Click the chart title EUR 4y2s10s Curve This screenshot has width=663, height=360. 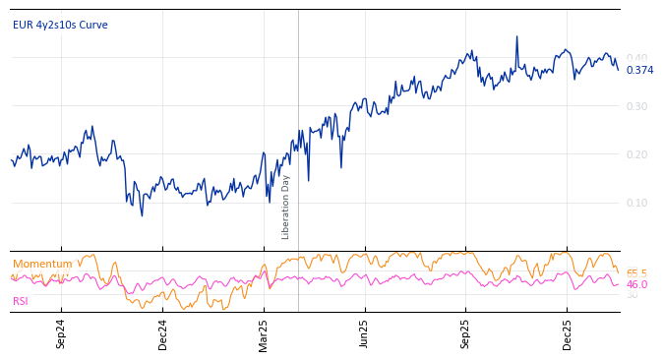(x=60, y=25)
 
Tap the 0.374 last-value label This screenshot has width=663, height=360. (x=639, y=70)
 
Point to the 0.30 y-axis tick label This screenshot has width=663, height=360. (x=637, y=106)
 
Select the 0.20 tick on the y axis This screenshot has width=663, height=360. (x=637, y=154)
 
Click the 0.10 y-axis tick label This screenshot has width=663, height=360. (x=637, y=203)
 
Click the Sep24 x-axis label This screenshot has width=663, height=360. (x=61, y=333)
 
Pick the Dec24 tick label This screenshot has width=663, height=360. (x=162, y=333)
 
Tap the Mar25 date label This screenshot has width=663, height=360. (x=264, y=333)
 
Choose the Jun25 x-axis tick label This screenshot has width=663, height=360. (x=365, y=333)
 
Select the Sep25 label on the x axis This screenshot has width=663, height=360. (x=466, y=333)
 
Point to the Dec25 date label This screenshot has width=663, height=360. (x=568, y=333)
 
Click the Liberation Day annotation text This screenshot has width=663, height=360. (x=286, y=207)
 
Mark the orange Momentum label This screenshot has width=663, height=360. (x=42, y=264)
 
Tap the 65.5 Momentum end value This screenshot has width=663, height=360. (x=637, y=273)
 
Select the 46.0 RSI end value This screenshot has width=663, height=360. (x=637, y=284)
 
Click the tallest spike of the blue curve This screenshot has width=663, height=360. (x=516, y=37)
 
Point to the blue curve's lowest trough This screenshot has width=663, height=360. (x=142, y=215)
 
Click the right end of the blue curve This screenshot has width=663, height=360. (x=618, y=70)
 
